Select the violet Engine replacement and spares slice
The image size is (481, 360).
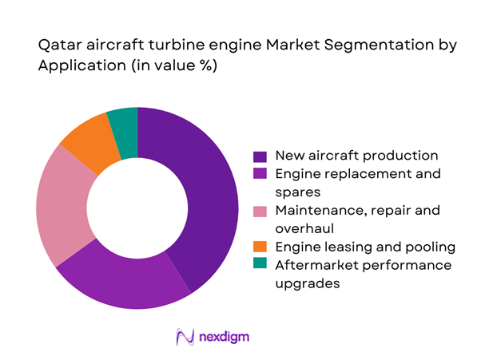coord(128,279)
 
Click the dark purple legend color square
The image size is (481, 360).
coord(260,156)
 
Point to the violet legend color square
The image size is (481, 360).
coord(260,174)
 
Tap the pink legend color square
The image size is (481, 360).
coord(260,211)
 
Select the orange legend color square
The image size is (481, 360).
coord(260,247)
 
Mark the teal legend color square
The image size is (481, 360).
coord(260,265)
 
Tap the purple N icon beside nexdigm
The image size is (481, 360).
coord(185,337)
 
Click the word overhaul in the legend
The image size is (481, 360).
coord(302,229)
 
